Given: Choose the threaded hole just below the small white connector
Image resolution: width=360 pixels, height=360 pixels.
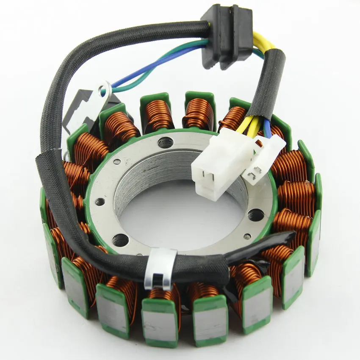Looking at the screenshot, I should tap(255, 215).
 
